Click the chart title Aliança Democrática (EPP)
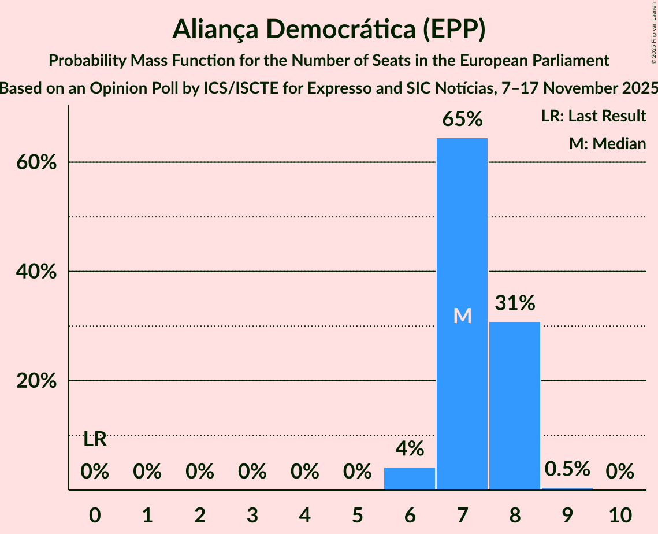click(329, 29)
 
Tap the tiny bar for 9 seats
click(567, 488)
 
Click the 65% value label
click(462, 119)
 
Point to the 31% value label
click(515, 303)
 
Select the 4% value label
click(410, 448)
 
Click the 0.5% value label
click(567, 469)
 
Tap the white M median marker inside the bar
click(462, 316)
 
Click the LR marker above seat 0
click(95, 440)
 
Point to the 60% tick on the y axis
click(36, 162)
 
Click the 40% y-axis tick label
click(36, 272)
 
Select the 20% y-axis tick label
click(36, 381)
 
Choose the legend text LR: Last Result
click(593, 116)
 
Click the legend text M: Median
click(607, 143)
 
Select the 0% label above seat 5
click(357, 472)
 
